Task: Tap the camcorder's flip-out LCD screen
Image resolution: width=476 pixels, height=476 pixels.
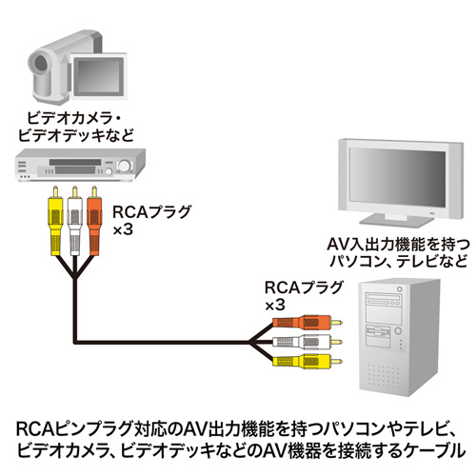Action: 100,69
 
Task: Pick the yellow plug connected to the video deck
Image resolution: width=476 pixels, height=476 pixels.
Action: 54,217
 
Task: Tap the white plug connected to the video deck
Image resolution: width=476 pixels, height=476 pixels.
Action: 74,217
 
